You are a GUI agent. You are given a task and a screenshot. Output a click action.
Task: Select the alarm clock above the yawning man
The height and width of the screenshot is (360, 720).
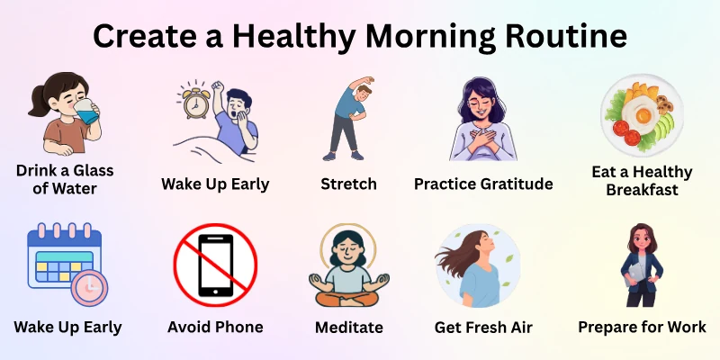(x=197, y=101)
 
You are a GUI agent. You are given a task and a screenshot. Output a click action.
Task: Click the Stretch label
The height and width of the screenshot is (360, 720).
(x=348, y=184)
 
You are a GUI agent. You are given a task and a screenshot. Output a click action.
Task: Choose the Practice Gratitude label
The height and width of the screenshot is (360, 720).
(x=483, y=184)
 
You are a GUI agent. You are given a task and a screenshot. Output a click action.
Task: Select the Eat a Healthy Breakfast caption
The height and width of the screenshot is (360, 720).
(x=642, y=180)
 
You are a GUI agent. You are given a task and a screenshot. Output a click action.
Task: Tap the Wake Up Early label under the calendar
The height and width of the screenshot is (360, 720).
(x=67, y=327)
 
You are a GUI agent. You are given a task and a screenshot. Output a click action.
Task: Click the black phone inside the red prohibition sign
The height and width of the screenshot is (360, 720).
(x=215, y=266)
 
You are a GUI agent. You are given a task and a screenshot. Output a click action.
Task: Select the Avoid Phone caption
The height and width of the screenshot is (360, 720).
(x=215, y=327)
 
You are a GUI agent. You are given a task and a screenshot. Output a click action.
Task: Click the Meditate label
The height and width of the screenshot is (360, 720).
(x=348, y=328)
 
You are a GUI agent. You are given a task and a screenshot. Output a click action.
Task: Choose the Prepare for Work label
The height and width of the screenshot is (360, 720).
(x=642, y=327)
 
